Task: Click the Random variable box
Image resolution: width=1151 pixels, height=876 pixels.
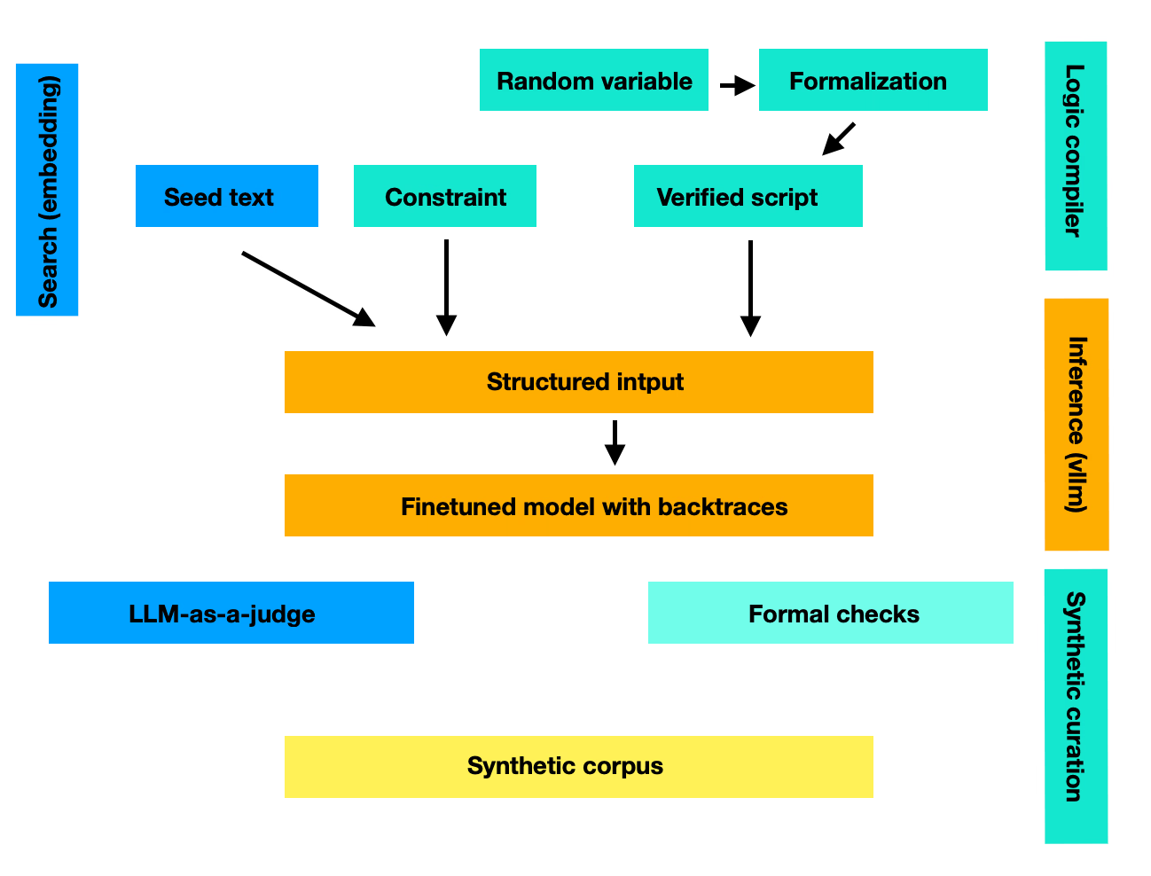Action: pos(593,80)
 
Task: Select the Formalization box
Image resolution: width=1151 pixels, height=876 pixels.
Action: pos(873,80)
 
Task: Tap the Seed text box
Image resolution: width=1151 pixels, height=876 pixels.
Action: pos(226,196)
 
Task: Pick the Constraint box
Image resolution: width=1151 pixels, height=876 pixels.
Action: pos(444,196)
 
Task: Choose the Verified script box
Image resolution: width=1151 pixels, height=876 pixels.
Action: pos(748,196)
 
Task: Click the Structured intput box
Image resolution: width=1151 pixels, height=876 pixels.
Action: pos(578,382)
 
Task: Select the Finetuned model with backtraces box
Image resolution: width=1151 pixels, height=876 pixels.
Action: pos(578,505)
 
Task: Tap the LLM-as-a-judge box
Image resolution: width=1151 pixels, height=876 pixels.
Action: pos(231,613)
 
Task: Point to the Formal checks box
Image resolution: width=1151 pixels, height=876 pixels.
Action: pos(830,613)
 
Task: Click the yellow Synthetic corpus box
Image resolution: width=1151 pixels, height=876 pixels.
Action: pos(578,767)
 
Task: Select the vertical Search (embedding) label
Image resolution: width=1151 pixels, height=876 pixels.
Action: pos(47,190)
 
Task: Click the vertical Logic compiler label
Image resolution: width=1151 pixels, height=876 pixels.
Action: pos(1076,156)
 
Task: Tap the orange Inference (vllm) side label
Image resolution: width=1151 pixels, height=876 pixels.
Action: pos(1077,425)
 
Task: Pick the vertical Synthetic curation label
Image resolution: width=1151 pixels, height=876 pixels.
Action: pos(1076,706)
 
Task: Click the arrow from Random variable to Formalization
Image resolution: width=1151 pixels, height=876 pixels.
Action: pos(736,86)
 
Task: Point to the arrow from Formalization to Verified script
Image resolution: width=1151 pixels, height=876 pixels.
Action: pos(838,138)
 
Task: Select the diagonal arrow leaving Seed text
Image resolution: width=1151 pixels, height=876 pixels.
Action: pos(308,288)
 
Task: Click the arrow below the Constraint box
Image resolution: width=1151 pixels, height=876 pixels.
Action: pos(446,286)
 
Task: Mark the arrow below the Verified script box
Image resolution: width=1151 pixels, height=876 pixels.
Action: pos(750,287)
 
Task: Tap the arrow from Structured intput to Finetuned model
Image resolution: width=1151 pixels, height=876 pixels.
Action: pos(615,442)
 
